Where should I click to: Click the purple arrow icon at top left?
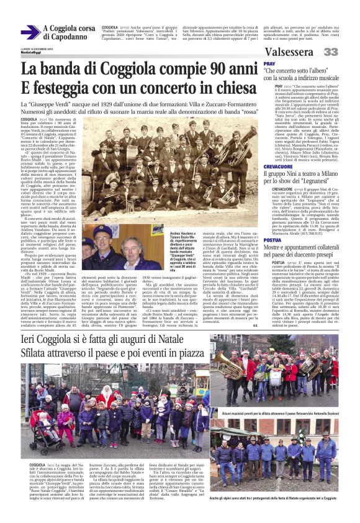[x=30, y=32]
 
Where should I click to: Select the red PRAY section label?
[x=269, y=64]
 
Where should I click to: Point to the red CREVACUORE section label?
[x=277, y=166]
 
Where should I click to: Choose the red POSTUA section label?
[x=272, y=222]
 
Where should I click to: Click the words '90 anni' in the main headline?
[x=220, y=70]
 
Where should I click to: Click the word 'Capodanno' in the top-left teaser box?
[x=65, y=37]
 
